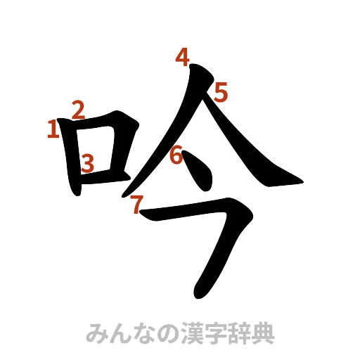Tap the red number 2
[x=77, y=109]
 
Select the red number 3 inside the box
[x=87, y=163]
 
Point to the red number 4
[x=184, y=56]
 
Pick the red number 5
[x=222, y=91]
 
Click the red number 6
[x=176, y=155]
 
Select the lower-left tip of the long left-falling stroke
[x=125, y=193]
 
